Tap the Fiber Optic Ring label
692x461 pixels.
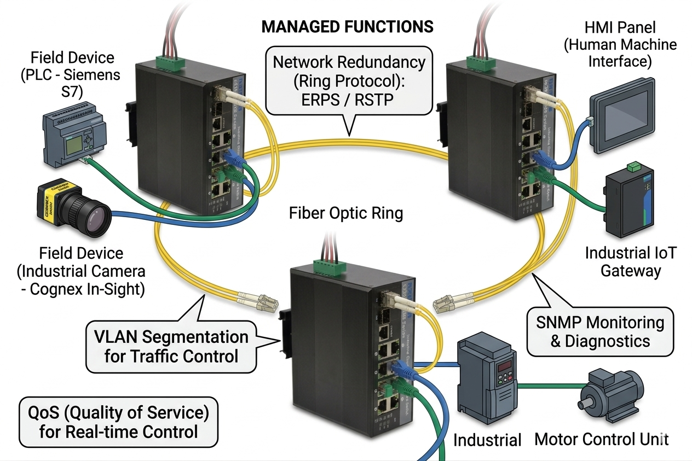(x=346, y=212)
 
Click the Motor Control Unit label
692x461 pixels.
(x=601, y=439)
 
